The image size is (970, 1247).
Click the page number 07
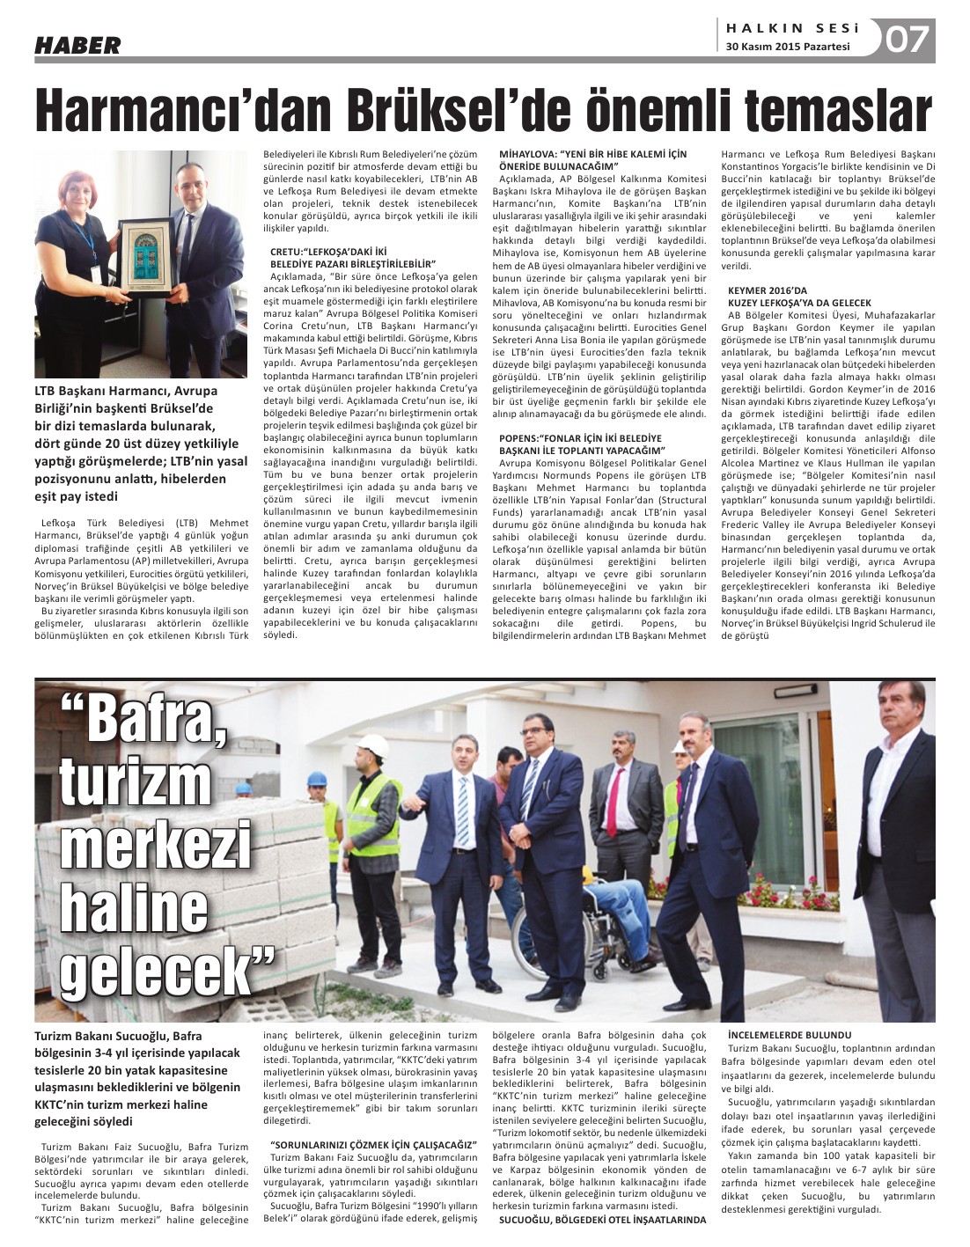click(x=907, y=40)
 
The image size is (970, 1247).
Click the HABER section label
click(x=77, y=45)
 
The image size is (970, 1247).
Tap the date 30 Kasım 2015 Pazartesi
click(x=788, y=48)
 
